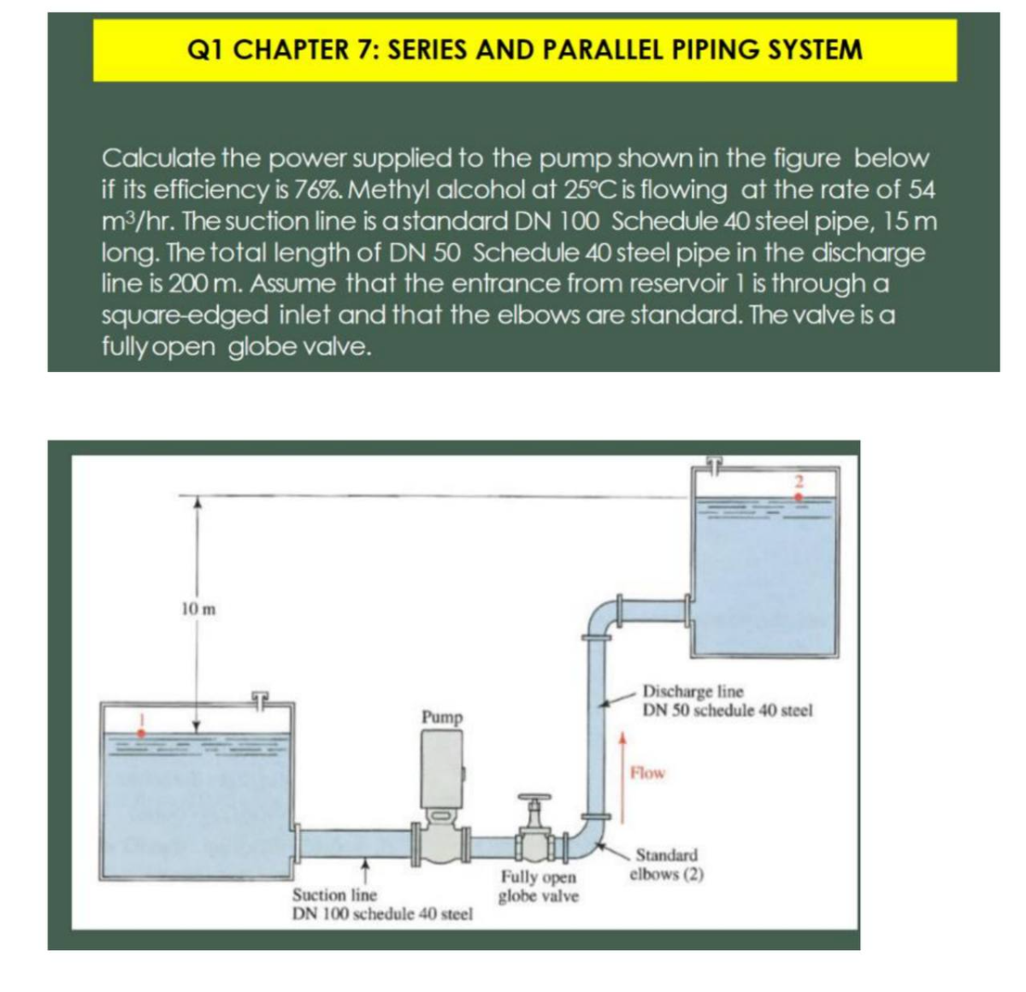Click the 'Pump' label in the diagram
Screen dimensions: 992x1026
(441, 717)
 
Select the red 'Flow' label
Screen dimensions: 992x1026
(647, 773)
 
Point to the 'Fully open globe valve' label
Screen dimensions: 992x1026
(539, 887)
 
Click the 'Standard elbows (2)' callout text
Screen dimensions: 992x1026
(666, 865)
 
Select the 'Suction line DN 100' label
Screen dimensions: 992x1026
(382, 904)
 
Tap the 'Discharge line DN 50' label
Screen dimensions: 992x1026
(727, 700)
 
